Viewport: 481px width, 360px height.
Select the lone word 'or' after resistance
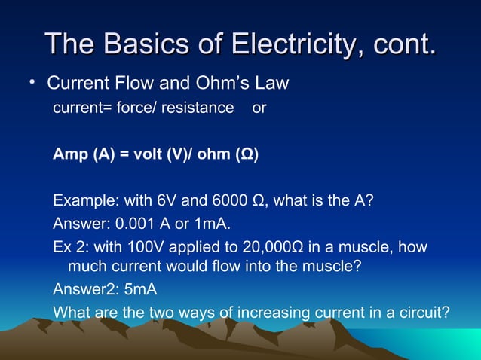[259, 108]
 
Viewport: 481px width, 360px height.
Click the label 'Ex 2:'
[69, 247]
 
